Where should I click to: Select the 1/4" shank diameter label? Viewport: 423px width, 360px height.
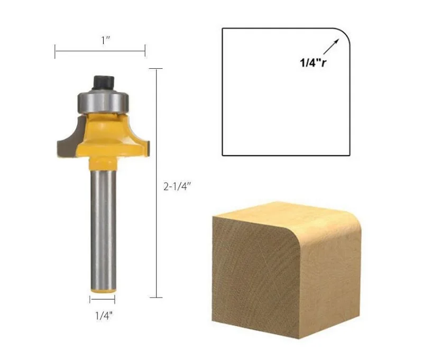click(x=104, y=317)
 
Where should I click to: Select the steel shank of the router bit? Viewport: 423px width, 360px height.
click(x=103, y=222)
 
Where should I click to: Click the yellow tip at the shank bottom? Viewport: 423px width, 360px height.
click(x=103, y=289)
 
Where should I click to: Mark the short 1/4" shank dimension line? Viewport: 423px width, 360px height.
click(x=103, y=299)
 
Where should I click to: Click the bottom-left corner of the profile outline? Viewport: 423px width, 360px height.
click(x=223, y=155)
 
